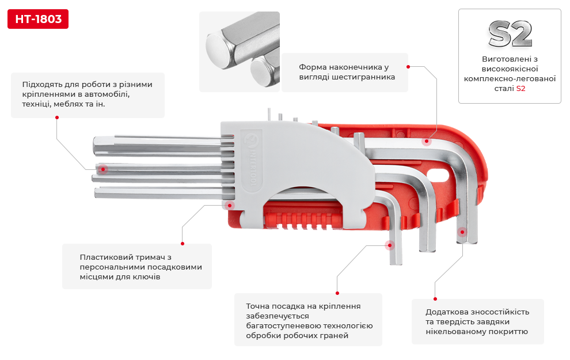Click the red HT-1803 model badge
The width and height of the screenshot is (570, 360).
38,19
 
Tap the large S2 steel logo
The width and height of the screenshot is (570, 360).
510,35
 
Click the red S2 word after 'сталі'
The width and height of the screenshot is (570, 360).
520,89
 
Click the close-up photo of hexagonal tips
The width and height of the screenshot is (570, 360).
240,52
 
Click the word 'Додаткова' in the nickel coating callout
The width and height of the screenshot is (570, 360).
445,312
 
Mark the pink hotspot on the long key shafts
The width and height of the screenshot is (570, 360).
103,169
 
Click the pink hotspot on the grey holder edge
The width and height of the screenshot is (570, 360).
230,204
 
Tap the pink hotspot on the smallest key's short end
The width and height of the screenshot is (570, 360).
390,245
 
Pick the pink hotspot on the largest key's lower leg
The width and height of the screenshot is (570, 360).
462,232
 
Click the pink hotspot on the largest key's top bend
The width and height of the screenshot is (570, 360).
427,141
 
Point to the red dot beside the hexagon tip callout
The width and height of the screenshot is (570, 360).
408,67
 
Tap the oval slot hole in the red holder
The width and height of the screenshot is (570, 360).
440,176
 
